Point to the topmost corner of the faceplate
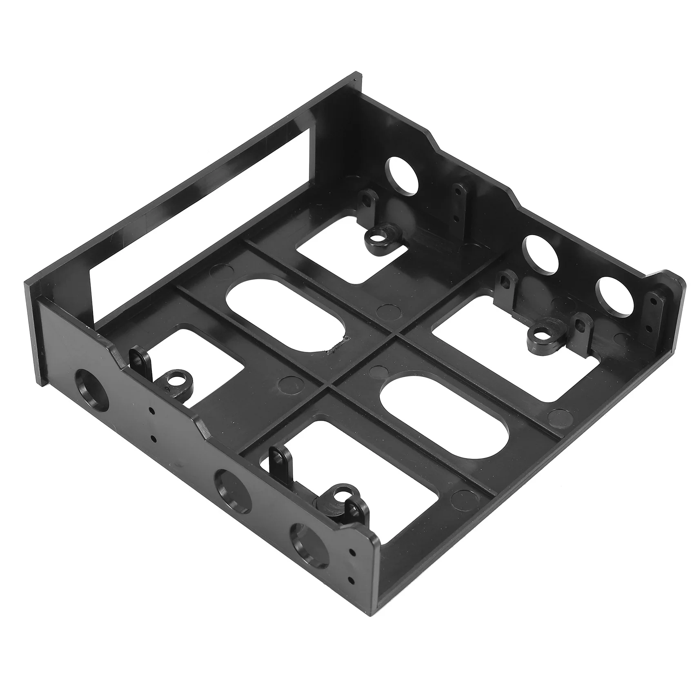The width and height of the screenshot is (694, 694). click(x=354, y=75)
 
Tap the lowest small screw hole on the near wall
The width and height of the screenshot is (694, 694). click(x=350, y=578)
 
